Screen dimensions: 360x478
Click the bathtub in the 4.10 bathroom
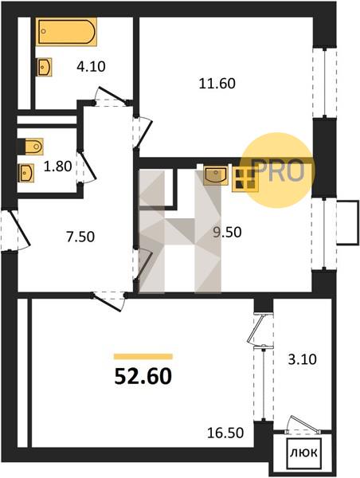[x=66, y=32]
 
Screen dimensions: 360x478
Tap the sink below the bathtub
[x=44, y=67]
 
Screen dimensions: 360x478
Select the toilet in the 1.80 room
[x=31, y=147]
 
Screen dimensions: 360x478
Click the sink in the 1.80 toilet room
[x=26, y=173]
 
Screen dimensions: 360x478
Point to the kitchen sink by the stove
[x=216, y=175]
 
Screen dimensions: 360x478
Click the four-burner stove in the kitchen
[x=245, y=179]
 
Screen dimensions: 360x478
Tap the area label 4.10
[x=91, y=66]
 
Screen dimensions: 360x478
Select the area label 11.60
[x=217, y=84]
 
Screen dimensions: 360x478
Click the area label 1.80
[x=57, y=167]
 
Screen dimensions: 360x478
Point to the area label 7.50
[x=80, y=237]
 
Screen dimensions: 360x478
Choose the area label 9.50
[x=227, y=233]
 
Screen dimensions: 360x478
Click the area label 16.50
[x=225, y=433]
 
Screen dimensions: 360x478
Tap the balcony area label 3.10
[x=303, y=359]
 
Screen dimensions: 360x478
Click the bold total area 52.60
[x=143, y=377]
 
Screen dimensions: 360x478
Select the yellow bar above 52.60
[x=143, y=356]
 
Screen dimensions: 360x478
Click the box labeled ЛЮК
[x=303, y=453]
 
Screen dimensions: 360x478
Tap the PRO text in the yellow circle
[x=279, y=170]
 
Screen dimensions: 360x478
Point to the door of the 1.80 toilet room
[x=86, y=167]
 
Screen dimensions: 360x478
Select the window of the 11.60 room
[x=325, y=82]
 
